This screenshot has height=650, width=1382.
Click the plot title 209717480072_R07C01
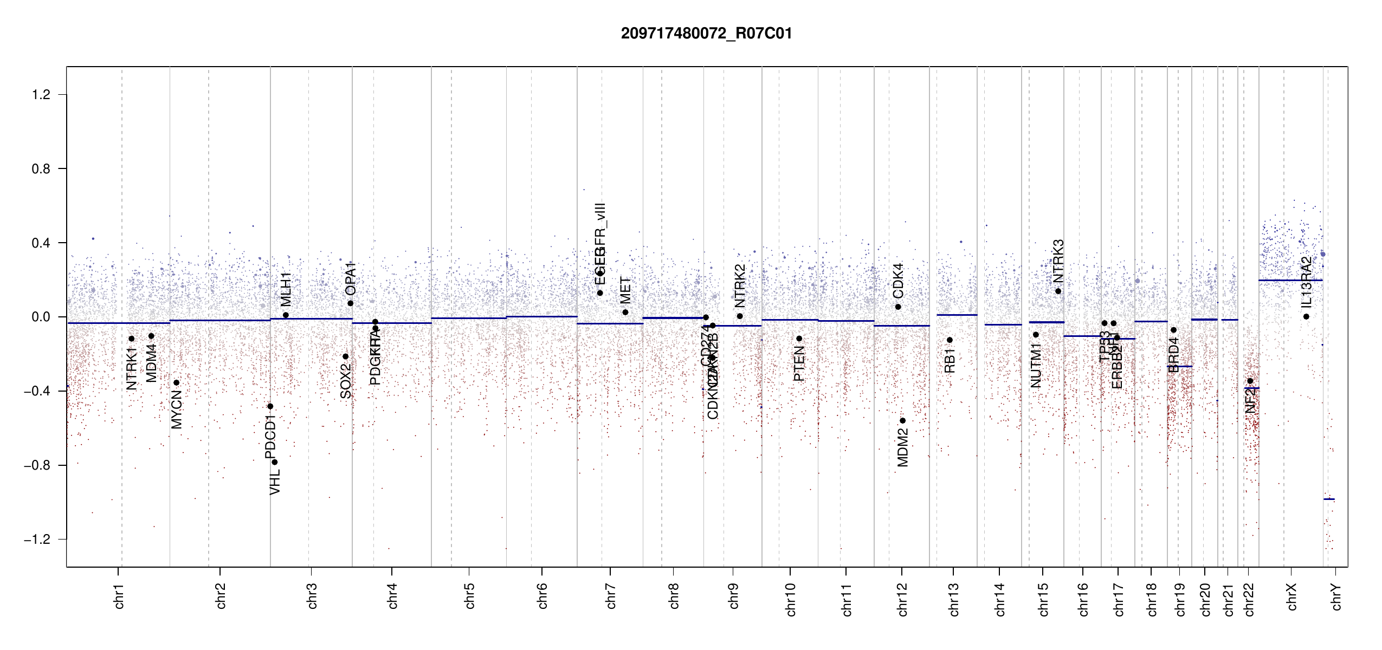(706, 34)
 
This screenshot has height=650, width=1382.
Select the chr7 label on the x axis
(611, 596)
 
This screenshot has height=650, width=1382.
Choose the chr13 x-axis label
(953, 599)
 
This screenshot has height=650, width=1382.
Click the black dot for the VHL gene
(275, 462)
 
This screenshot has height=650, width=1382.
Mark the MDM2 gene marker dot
(902, 421)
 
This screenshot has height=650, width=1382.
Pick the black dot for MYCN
(176, 383)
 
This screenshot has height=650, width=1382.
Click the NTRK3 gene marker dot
(1058, 291)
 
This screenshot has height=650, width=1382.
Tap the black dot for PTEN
(799, 339)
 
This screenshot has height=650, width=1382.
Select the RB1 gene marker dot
(950, 340)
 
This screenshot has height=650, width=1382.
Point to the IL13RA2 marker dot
(1306, 317)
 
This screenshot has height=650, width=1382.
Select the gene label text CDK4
(898, 281)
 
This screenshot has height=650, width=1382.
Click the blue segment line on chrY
(1329, 499)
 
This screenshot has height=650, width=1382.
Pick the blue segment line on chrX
(1290, 280)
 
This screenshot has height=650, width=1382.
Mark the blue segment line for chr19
(1179, 367)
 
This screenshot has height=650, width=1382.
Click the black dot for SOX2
(345, 356)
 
